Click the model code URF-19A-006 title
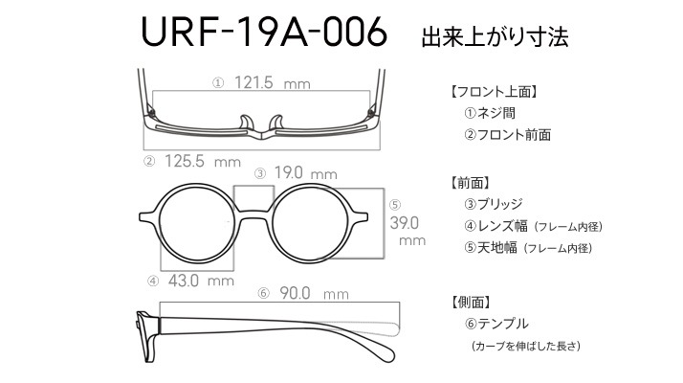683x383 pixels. (x=264, y=32)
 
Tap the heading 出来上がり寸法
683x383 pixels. (x=495, y=36)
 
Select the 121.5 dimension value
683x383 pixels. (x=253, y=82)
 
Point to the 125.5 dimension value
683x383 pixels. (x=185, y=161)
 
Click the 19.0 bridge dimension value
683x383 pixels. (x=288, y=172)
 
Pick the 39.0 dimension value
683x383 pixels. (x=405, y=223)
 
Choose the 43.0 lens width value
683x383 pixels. (x=184, y=281)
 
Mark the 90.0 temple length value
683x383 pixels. (x=295, y=293)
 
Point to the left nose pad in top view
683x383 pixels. (x=246, y=123)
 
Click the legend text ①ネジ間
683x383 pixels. (x=490, y=113)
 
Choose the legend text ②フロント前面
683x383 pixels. (x=507, y=135)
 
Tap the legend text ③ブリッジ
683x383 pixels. (x=493, y=204)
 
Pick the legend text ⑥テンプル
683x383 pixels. (x=496, y=324)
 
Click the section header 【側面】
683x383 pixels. (x=471, y=302)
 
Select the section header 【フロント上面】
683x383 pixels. (x=494, y=92)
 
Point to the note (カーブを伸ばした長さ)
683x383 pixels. (x=526, y=346)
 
